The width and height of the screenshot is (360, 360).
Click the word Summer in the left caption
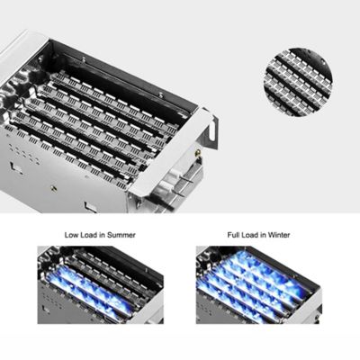[121, 235]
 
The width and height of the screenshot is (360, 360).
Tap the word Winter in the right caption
[279, 235]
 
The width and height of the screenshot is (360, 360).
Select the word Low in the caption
[72, 235]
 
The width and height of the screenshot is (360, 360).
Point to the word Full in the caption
[234, 235]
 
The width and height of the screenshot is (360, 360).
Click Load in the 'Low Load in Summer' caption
[89, 235]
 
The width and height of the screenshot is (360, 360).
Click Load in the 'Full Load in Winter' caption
[250, 235]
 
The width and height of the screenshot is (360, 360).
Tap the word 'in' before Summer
[102, 235]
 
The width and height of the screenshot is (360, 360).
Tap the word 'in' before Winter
[263, 235]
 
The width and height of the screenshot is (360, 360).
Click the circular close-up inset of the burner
[299, 82]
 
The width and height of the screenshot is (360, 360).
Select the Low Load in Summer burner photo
[101, 285]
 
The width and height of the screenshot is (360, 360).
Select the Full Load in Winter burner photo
[259, 285]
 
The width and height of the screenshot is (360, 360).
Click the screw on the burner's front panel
[54, 188]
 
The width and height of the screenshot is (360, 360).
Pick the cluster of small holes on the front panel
[25, 155]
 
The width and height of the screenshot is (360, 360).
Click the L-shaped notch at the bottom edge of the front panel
[91, 208]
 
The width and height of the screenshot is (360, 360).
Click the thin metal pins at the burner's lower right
[184, 186]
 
